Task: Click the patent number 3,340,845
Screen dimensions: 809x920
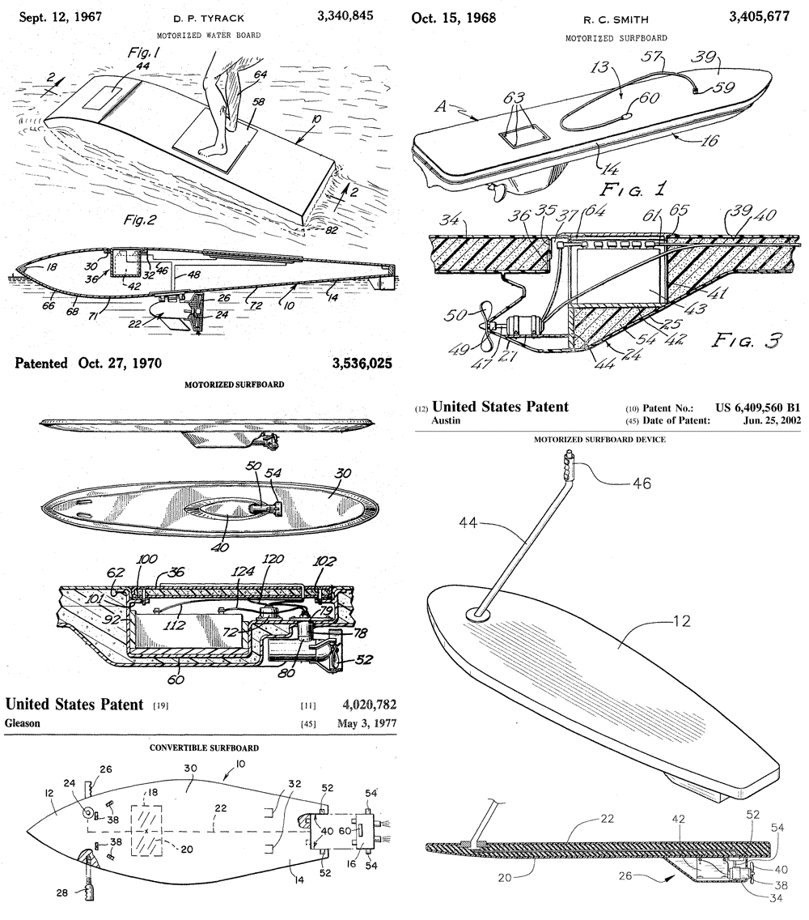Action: pos(345,16)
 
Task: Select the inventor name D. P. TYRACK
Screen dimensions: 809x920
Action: pos(210,18)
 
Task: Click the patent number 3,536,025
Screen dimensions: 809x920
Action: pos(362,364)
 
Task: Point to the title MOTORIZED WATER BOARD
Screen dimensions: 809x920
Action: pos(209,35)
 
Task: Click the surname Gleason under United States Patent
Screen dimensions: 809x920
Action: pos(23,723)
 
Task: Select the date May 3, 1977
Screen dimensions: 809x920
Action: pos(366,723)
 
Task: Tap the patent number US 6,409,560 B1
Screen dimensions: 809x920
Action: pos(757,408)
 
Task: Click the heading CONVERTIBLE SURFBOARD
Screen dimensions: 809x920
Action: pos(204,748)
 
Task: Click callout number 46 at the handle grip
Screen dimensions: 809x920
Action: pos(642,483)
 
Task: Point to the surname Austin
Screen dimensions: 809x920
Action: pos(446,420)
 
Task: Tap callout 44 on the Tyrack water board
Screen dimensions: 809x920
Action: pos(142,66)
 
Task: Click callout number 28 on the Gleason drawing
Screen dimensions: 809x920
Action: pos(62,892)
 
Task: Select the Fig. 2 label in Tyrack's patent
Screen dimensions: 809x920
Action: pos(139,220)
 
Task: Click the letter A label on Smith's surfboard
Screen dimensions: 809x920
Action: pos(441,107)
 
